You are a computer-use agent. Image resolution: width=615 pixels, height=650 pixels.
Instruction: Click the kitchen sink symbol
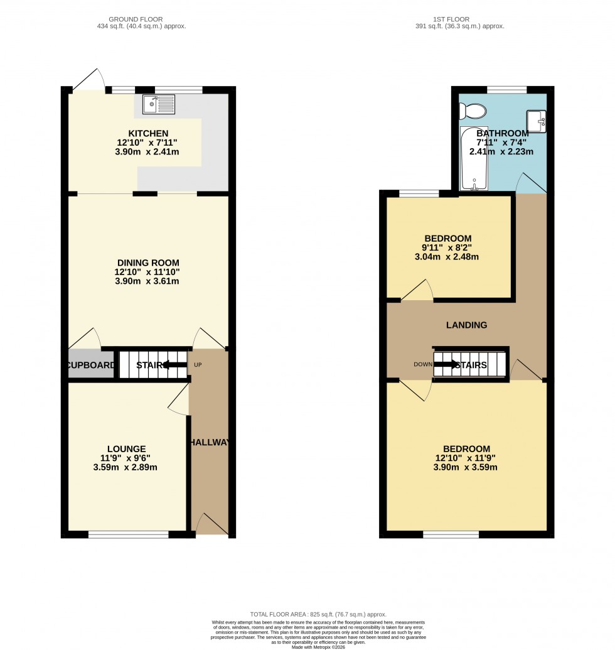(x=159, y=105)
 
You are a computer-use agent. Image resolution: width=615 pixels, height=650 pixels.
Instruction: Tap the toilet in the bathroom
(x=471, y=112)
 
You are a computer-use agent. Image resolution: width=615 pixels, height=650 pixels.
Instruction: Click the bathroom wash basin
(x=537, y=121)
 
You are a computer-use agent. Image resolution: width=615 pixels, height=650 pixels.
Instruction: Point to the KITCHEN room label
(x=148, y=133)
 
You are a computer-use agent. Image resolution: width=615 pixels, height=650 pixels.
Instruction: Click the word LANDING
(x=466, y=325)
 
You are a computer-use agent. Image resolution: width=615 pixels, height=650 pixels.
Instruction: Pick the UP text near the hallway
(x=198, y=365)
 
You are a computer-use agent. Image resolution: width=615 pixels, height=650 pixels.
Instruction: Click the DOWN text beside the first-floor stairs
(x=420, y=364)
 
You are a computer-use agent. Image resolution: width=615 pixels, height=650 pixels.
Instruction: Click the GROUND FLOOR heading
(x=147, y=19)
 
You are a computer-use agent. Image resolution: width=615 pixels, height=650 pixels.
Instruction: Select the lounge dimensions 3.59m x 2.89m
(x=126, y=467)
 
